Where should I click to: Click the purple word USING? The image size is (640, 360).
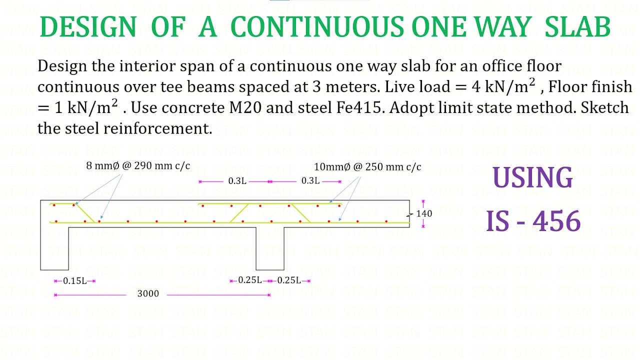(x=532, y=178)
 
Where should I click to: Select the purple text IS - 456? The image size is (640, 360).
(x=533, y=221)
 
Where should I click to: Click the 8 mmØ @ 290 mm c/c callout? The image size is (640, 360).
(x=138, y=166)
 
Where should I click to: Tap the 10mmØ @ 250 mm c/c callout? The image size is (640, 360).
(x=367, y=167)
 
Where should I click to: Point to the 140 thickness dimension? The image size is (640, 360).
(x=424, y=213)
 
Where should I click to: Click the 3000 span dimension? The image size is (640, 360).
(x=148, y=294)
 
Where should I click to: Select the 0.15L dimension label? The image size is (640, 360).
(x=74, y=281)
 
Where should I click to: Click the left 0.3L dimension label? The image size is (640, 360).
(x=237, y=181)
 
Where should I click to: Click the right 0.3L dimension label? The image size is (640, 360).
(x=310, y=181)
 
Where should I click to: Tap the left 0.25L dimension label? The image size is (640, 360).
(x=250, y=280)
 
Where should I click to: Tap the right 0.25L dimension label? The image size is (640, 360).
(x=289, y=280)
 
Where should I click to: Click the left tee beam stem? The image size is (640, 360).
(x=54, y=248)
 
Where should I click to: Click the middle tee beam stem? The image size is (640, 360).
(x=270, y=248)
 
